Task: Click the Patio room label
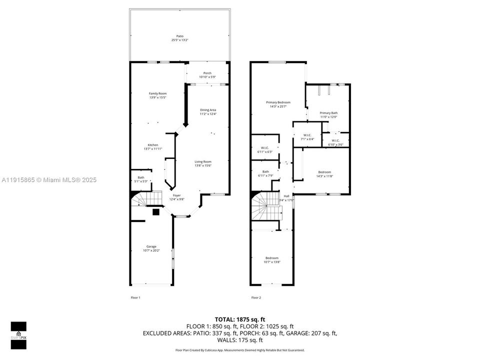pos(179,38)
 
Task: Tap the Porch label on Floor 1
pos(207,75)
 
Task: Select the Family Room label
pos(157,95)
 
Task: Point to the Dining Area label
pos(208,112)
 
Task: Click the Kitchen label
pos(152,147)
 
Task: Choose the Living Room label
pos(203,163)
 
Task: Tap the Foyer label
pos(177,197)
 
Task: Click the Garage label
pos(151,248)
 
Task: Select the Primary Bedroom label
pos(278,104)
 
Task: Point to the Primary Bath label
pos(328,115)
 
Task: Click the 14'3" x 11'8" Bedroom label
pos(324,174)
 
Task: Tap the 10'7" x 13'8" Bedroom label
pos(272,260)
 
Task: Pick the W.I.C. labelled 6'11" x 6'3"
pos(265,149)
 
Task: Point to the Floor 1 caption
pos(135,297)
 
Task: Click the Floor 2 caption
pos(256,297)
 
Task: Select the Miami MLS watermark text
pos(48,180)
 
